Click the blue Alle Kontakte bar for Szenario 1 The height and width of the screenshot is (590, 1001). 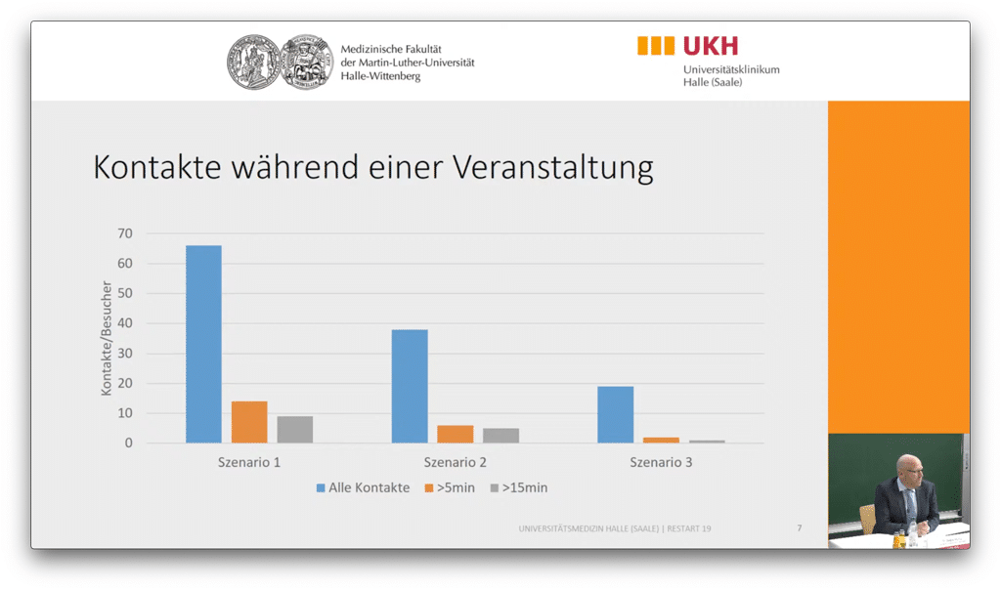pos(203,344)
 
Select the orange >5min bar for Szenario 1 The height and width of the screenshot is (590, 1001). pos(249,422)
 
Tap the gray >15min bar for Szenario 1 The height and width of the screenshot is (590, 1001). pos(294,430)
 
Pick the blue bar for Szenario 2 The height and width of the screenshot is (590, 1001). pos(410,386)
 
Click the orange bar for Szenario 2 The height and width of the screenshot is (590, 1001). pos(455,434)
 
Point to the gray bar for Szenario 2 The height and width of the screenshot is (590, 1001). pos(500,436)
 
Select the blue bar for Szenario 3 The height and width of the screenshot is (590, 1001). pos(615,414)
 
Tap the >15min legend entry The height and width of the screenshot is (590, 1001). pos(525,487)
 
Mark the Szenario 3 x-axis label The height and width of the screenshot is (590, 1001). pos(661,462)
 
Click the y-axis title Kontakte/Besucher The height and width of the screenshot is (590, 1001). pos(107,338)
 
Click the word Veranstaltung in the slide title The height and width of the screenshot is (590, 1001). pos(552,167)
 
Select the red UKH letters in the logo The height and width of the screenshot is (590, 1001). pos(711,45)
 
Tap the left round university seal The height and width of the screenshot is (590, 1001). pos(253,63)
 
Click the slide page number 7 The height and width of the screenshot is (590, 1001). pos(799,528)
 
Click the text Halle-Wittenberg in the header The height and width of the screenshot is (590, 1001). pos(380,76)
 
